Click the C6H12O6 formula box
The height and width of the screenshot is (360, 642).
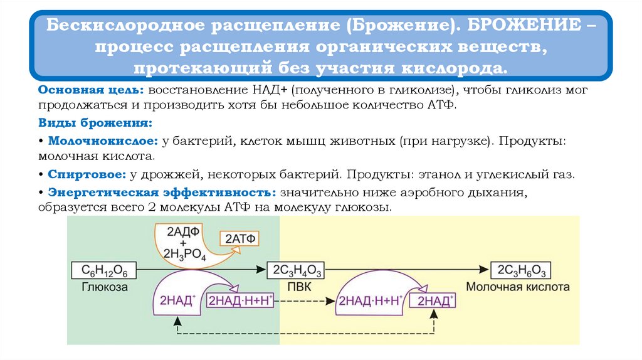104,270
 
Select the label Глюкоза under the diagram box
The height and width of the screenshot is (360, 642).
104,287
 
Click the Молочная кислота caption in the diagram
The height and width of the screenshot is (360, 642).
518,287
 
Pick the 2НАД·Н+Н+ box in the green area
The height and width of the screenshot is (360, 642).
241,300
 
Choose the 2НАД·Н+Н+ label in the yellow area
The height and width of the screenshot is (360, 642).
370,300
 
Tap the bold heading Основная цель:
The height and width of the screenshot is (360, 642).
92,90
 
